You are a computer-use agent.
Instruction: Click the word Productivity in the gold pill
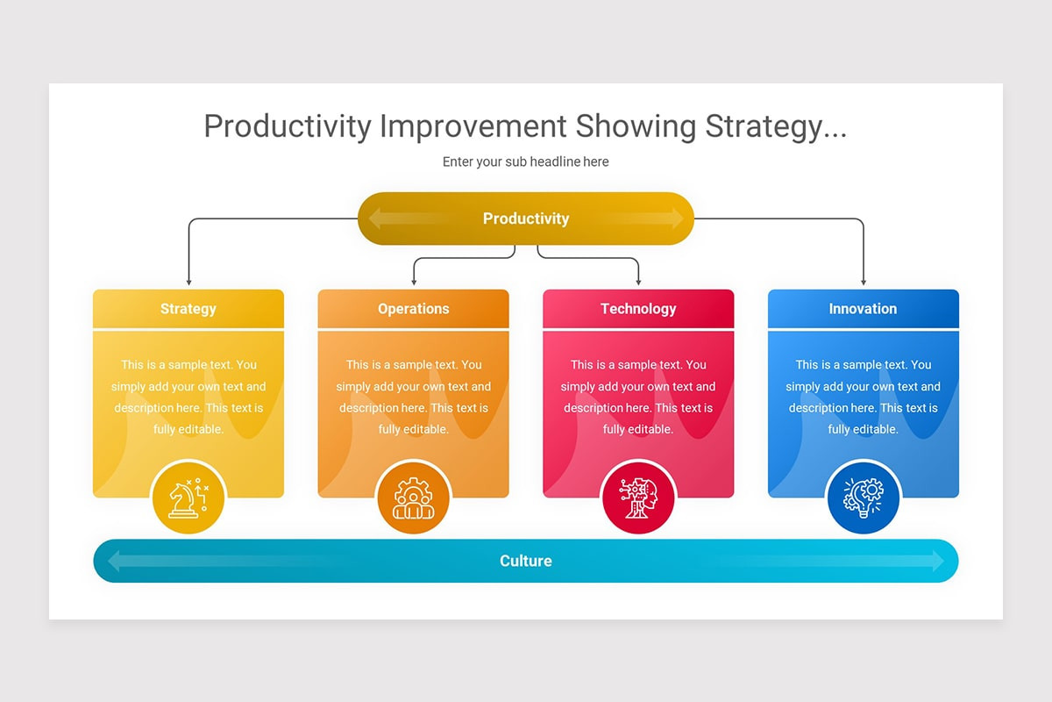(x=526, y=218)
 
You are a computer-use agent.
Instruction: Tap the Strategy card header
(x=188, y=309)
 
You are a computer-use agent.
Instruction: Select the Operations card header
(x=413, y=309)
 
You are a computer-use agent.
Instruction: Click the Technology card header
(x=638, y=309)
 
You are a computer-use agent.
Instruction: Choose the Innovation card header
(x=863, y=309)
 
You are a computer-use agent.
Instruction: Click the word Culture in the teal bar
(x=526, y=561)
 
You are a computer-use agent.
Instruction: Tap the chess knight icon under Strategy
(x=188, y=498)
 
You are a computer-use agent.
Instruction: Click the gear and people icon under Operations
(x=413, y=498)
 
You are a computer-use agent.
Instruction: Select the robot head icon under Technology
(x=638, y=498)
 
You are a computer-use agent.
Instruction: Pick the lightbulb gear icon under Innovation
(x=863, y=498)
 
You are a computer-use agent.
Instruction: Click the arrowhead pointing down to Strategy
(x=188, y=282)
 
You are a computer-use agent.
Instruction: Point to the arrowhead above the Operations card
(x=413, y=282)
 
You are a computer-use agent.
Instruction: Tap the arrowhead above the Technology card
(x=638, y=282)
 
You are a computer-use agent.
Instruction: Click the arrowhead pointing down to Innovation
(x=864, y=282)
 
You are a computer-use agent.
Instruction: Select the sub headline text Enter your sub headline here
(x=525, y=161)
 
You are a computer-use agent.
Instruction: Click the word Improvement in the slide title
(x=473, y=126)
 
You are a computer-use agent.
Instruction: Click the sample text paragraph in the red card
(x=638, y=397)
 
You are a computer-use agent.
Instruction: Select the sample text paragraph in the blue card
(x=863, y=397)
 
